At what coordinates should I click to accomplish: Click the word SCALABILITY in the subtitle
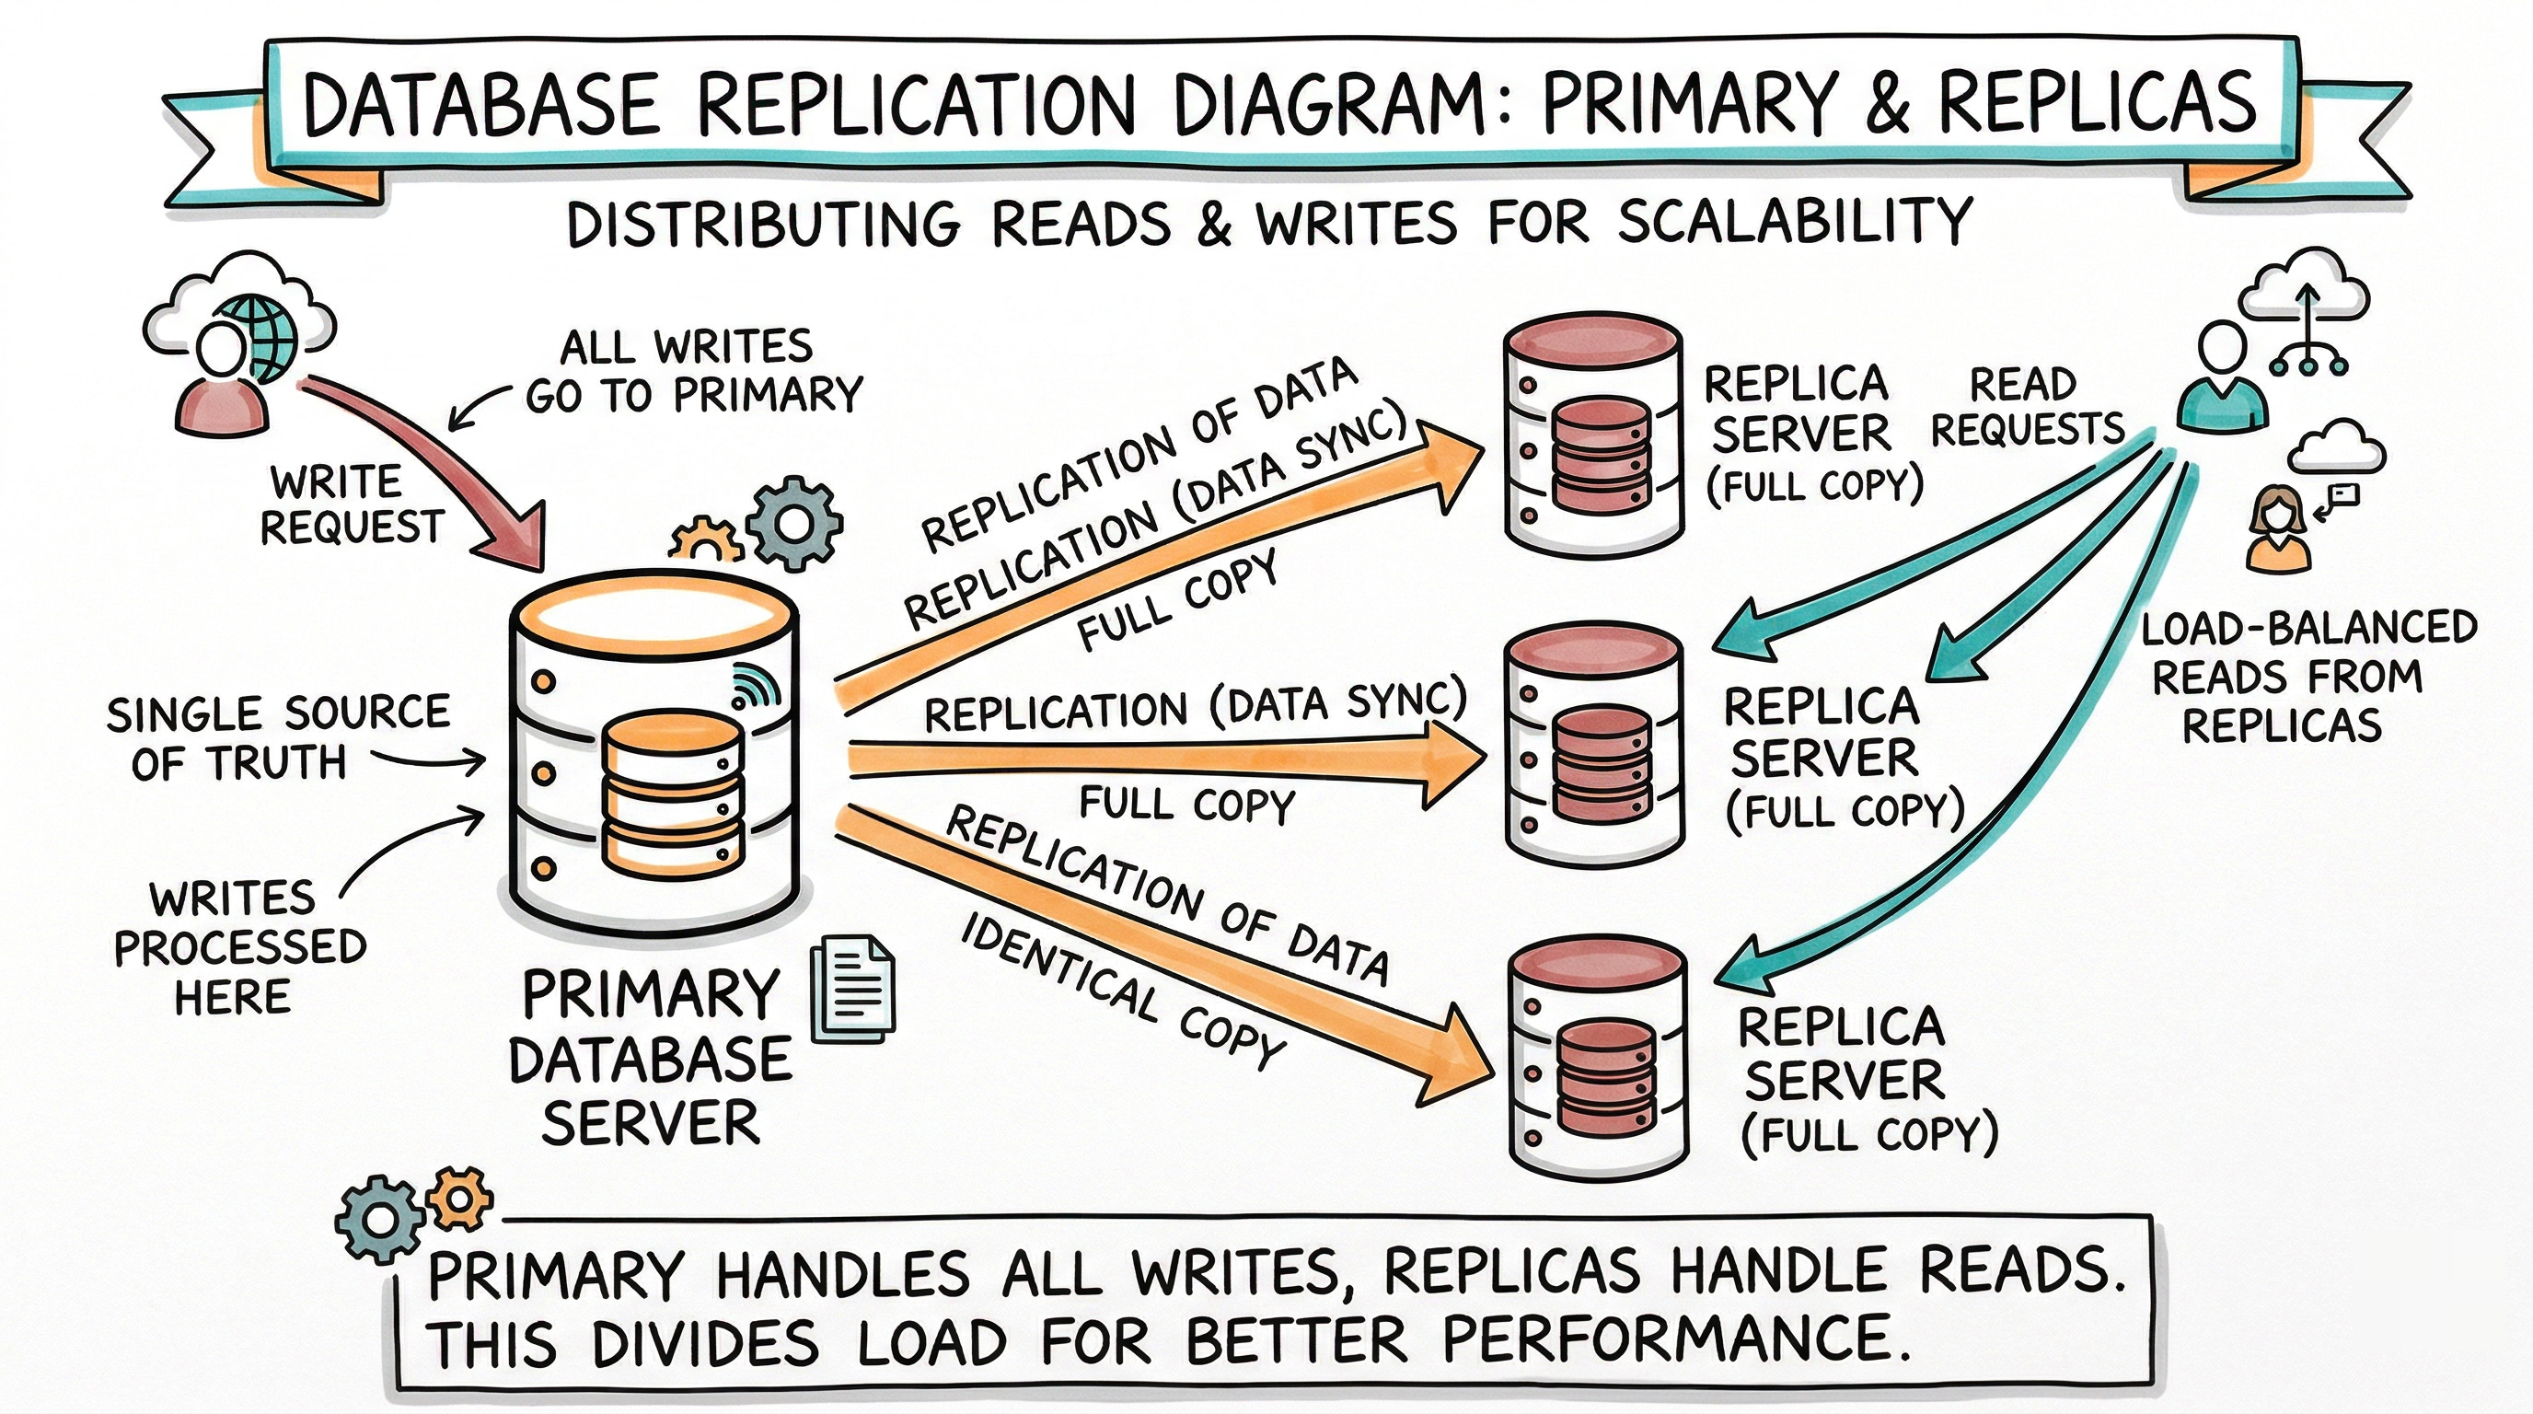[1794, 222]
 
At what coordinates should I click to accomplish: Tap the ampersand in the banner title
[1886, 104]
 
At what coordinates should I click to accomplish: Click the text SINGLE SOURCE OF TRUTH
[277, 737]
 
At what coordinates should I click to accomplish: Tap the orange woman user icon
[2278, 532]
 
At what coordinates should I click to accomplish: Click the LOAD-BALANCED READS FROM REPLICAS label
[2307, 677]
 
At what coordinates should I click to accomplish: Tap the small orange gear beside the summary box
[459, 1199]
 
